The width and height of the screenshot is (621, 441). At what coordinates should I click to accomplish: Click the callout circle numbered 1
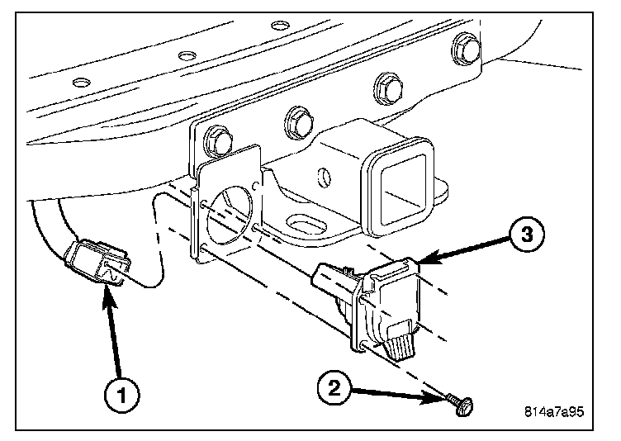(121, 396)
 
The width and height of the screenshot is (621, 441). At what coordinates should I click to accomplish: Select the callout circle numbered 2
(334, 387)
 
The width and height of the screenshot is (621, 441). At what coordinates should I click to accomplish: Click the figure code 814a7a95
(554, 411)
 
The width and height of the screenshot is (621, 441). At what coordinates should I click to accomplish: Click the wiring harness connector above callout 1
(97, 263)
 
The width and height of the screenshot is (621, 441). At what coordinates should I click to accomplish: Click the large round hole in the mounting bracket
(230, 214)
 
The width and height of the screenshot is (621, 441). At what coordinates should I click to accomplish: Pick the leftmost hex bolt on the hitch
(218, 140)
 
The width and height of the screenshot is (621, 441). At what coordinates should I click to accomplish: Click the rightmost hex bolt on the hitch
(466, 49)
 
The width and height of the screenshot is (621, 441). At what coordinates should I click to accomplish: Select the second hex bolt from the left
(299, 121)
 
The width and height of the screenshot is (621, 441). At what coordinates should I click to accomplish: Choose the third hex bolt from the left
(388, 88)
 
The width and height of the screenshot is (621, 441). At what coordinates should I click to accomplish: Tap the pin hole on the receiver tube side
(325, 177)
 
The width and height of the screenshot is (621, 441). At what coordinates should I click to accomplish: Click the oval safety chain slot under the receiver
(307, 224)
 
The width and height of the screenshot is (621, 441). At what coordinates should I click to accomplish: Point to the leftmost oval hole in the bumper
(82, 83)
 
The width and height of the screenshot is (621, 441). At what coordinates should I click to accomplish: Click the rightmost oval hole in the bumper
(281, 25)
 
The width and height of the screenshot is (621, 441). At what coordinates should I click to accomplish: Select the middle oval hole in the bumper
(187, 55)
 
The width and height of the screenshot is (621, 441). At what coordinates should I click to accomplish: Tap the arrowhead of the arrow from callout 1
(109, 295)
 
